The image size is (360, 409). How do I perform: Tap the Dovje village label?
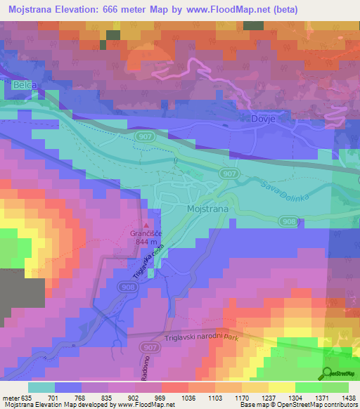click(262, 119)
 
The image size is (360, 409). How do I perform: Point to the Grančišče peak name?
click(148, 233)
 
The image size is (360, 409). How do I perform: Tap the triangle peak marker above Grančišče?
click(147, 223)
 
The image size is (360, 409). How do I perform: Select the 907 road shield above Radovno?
click(149, 347)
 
